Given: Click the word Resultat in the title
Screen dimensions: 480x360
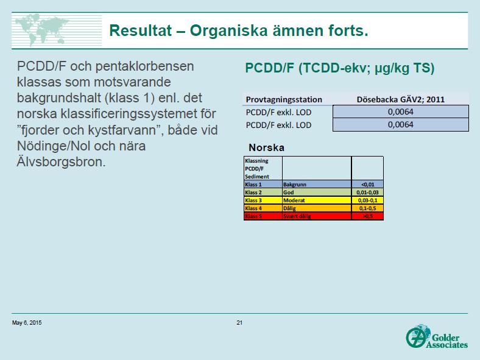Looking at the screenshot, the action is tap(141, 30).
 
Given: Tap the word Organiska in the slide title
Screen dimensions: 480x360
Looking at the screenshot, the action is tap(228, 30).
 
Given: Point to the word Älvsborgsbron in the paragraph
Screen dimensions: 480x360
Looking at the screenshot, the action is tap(62, 161).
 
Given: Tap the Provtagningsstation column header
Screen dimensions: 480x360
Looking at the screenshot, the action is tap(284, 99).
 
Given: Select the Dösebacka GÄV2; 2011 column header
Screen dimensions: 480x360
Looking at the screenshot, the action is tap(400, 99).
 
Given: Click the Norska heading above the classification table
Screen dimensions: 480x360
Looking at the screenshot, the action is tap(266, 147).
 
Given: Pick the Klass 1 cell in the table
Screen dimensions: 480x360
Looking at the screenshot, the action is tap(263, 185).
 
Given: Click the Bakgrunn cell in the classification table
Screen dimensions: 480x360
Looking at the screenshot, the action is tap(317, 185).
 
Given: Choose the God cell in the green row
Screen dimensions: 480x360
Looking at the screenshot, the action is tap(317, 192).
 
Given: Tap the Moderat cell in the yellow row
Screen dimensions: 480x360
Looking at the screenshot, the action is tap(317, 200).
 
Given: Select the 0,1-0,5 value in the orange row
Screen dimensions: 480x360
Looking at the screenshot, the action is tap(368, 208).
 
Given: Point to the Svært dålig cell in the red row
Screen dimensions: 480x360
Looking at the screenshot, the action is tap(317, 216).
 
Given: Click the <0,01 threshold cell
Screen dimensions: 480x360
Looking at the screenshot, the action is tap(368, 185).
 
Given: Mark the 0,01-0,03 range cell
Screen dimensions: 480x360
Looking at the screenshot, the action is tap(368, 192).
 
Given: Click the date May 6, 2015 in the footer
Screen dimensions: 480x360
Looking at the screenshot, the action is tap(27, 323).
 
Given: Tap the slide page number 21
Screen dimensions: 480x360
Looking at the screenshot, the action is tap(239, 323).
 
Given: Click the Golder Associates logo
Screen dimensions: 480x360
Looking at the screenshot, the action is tap(437, 337).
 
